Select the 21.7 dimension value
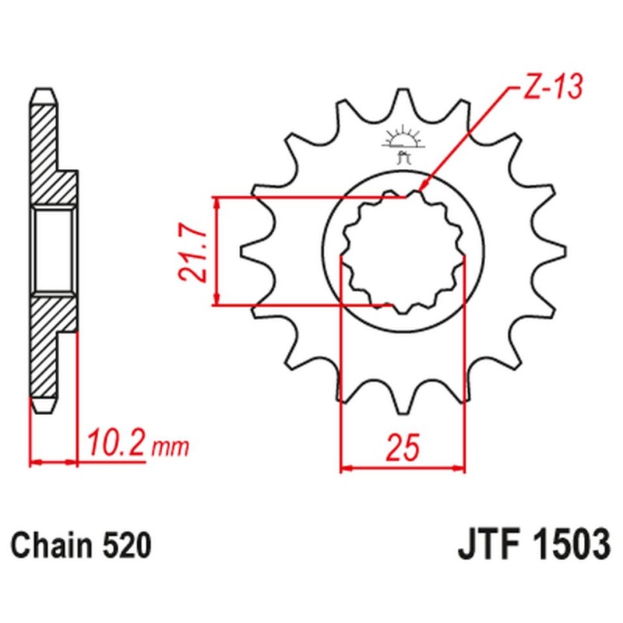pos(195,251)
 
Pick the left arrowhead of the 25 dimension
pos(347,468)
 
